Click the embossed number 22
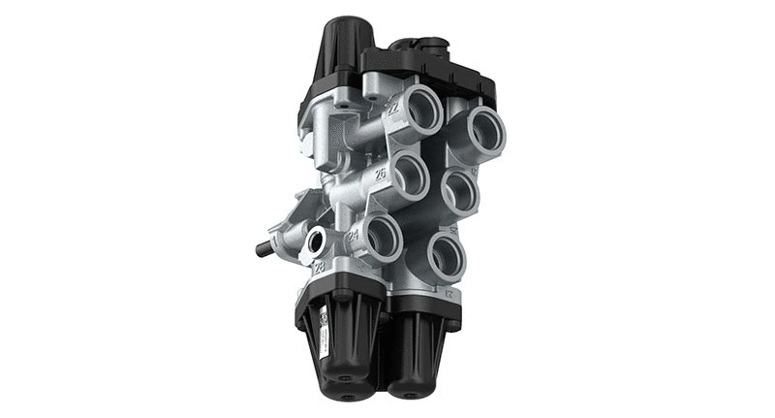(x=392, y=110)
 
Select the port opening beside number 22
(x=421, y=113)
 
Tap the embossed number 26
(x=381, y=175)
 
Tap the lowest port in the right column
(x=448, y=254)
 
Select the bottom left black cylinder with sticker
(x=339, y=339)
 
